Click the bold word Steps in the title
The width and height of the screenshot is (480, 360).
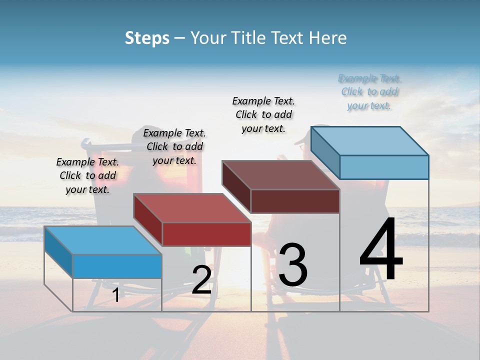pos(147,38)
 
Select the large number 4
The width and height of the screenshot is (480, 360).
pos(381,250)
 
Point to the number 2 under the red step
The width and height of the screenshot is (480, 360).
pos(201,279)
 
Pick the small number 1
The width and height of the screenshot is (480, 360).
pos(115,295)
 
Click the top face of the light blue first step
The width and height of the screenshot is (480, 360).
pos(103,240)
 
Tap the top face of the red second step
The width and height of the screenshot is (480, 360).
pos(192,207)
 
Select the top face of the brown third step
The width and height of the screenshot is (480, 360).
pos(280,175)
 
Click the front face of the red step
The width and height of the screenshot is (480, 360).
pos(206,234)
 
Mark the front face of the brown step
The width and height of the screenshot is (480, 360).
pos(295,201)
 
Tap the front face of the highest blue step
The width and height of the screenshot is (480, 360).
pos(384,167)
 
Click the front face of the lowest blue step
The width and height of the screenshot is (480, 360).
pos(117,266)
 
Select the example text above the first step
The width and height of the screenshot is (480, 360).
pos(87,176)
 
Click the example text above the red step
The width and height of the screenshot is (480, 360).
pos(174,147)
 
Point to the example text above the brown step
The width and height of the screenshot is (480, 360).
pos(263,114)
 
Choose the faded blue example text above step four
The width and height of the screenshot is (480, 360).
pos(369,92)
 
